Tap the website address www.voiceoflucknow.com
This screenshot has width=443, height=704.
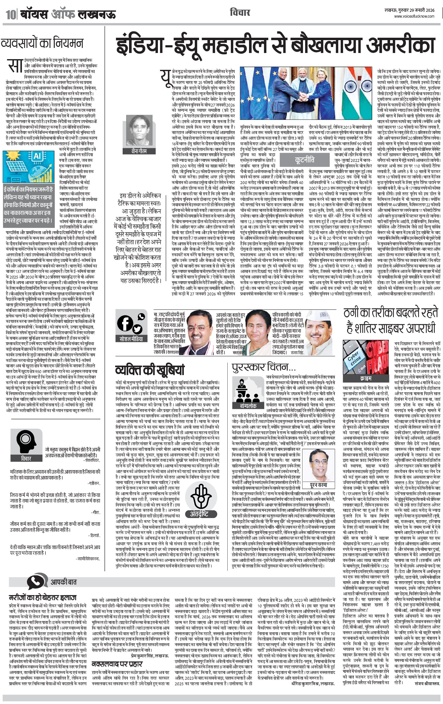(414, 17)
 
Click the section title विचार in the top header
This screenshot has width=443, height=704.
(240, 13)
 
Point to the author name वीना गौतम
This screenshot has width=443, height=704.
(139, 151)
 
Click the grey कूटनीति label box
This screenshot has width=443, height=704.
(304, 160)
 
